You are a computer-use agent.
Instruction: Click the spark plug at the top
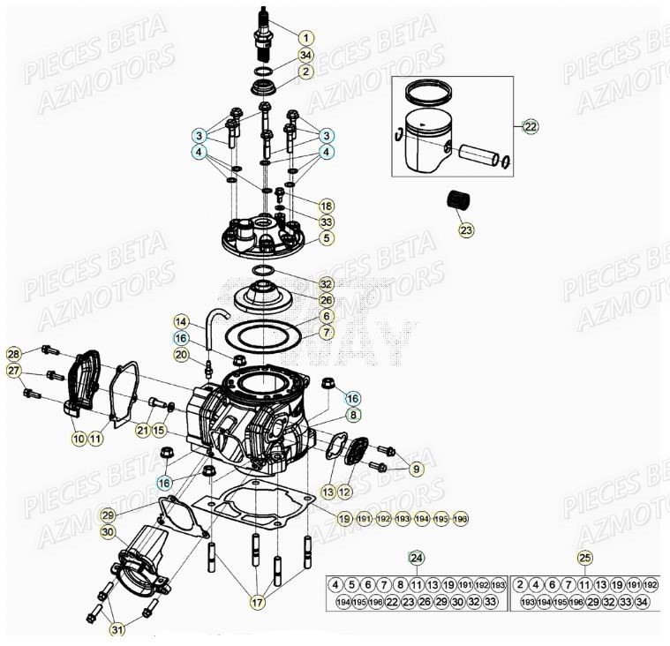263,31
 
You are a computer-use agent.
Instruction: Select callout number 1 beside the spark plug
305,38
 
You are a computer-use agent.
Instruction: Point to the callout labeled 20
181,355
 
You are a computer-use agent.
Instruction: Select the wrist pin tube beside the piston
478,155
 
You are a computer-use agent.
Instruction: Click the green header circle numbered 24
417,557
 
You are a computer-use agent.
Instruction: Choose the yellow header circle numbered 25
584,557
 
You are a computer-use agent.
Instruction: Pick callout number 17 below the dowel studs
257,604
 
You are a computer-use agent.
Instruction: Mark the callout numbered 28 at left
13,354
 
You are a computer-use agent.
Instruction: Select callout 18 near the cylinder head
327,205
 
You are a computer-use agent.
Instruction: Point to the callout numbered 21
143,430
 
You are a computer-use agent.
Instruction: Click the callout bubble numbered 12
344,491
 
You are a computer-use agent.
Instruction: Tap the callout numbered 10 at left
79,437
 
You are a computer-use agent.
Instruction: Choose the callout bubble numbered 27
13,371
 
